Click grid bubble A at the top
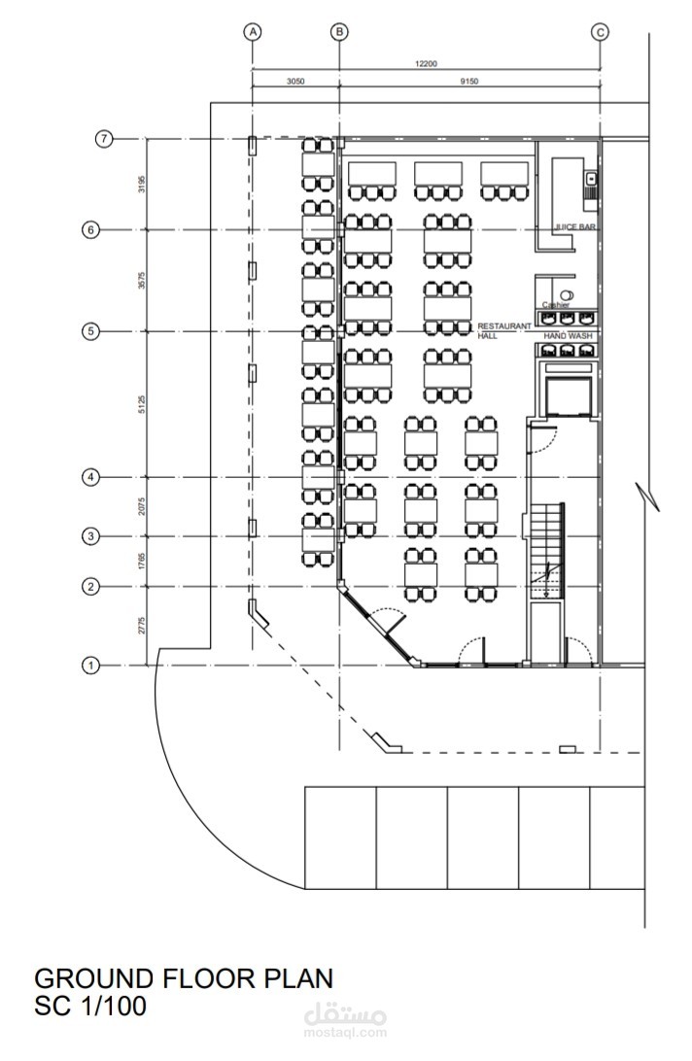coord(253,32)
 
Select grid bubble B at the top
coord(339,32)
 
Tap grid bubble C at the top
coord(600,32)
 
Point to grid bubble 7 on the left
coord(104,139)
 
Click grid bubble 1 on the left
coord(90,666)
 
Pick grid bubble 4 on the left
coord(90,477)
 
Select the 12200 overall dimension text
coord(426,64)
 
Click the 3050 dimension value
coord(295,83)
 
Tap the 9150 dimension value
coord(469,83)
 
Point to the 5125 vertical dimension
coord(142,404)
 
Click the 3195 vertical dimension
coord(142,184)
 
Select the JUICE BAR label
coord(574,227)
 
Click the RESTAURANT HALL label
coord(503,329)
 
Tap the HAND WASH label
coord(567,336)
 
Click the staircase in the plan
coord(546,549)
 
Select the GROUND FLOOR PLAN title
coord(184,977)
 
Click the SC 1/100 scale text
coord(90,1006)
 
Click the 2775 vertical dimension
coord(142,626)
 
